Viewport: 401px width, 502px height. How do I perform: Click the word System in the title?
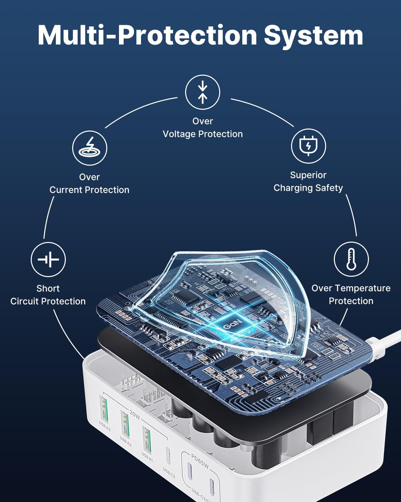click(313, 35)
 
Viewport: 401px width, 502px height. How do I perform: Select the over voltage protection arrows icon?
click(203, 92)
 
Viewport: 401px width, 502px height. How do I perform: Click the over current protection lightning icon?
click(90, 148)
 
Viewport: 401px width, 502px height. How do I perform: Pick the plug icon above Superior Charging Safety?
click(308, 146)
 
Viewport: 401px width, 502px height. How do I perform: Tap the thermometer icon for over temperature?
click(351, 259)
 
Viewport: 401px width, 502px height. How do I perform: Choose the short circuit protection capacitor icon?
click(48, 259)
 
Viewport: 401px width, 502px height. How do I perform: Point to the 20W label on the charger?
click(134, 415)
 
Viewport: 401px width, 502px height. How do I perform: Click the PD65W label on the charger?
click(200, 461)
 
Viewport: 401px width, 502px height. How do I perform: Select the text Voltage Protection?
click(203, 134)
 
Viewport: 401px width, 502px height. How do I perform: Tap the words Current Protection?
click(89, 190)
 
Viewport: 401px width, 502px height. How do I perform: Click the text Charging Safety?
click(308, 188)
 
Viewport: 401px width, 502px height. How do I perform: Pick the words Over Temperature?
click(351, 288)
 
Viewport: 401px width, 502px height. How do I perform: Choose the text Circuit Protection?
click(48, 301)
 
